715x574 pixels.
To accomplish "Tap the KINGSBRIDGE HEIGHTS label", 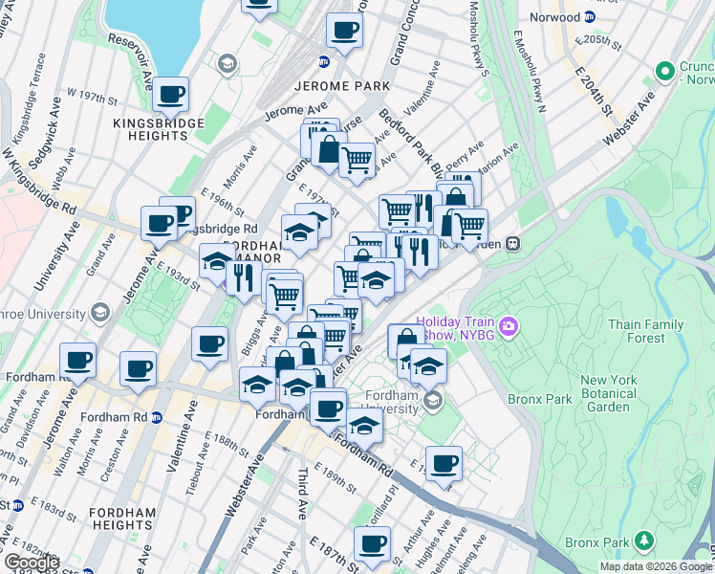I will pos(158,129).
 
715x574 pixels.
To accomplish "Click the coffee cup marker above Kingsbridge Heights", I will pos(171,94).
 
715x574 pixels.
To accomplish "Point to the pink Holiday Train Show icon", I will pos(509,327).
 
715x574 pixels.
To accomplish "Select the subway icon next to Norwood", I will pos(589,17).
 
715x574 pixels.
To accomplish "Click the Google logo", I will pos(31,563).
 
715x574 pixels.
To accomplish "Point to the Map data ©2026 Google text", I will pos(656,566).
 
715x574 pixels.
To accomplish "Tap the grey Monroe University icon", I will pos(99,313).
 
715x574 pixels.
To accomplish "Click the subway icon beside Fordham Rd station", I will pos(158,417).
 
